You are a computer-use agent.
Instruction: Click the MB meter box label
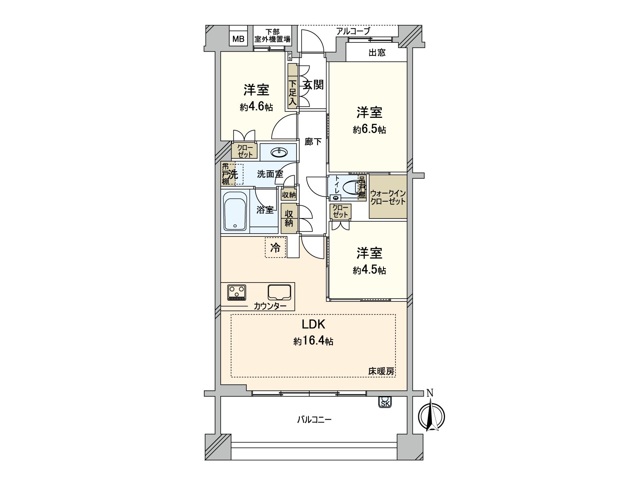click(239, 39)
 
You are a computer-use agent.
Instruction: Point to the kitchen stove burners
click(237, 292)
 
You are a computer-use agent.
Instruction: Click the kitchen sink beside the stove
click(279, 292)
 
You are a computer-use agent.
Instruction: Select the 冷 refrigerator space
click(275, 248)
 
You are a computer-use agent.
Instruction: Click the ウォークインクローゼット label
click(388, 197)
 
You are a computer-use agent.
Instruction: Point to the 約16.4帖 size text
click(313, 341)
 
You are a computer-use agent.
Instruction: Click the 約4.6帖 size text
click(256, 107)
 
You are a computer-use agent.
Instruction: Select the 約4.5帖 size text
click(369, 270)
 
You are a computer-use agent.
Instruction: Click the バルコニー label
click(314, 420)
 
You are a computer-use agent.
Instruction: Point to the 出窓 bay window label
click(377, 53)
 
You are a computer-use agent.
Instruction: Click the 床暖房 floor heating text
click(381, 372)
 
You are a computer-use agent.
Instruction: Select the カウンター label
click(270, 306)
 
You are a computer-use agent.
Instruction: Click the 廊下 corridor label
click(313, 141)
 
